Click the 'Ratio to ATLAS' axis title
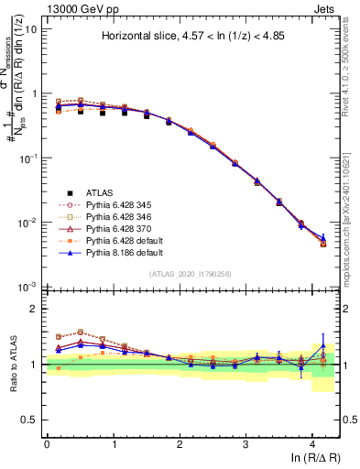point(12,364)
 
